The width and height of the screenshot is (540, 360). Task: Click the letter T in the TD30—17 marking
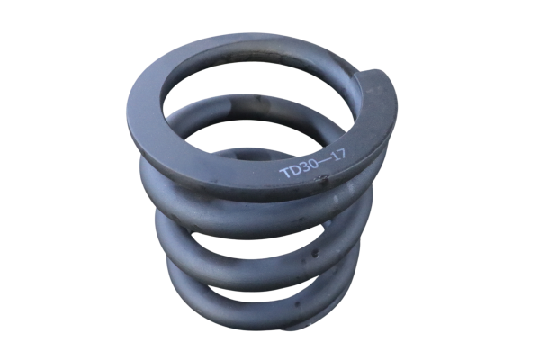coord(284,174)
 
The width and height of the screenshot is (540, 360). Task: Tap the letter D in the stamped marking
coord(294,170)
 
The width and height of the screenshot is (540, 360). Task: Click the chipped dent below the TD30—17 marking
coord(323,178)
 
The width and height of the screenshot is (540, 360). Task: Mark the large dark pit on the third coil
coord(315,254)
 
